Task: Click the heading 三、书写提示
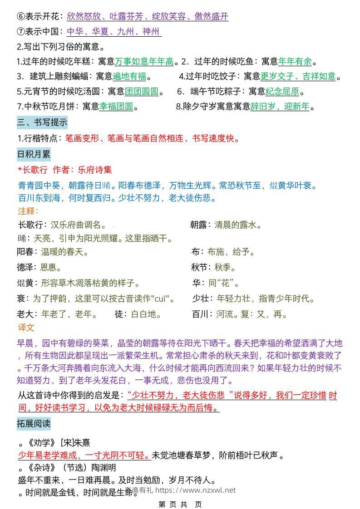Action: [42, 122]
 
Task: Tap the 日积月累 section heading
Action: [34, 154]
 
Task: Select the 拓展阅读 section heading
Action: [34, 424]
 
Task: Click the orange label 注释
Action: [28, 211]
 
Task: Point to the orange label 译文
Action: [26, 328]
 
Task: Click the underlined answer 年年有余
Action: [295, 61]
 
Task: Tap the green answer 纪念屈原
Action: [282, 92]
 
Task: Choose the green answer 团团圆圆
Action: [142, 92]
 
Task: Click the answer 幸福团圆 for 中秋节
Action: [116, 107]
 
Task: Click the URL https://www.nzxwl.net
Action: [196, 490]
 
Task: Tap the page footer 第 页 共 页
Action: [180, 504]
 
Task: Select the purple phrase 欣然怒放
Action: [83, 17]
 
